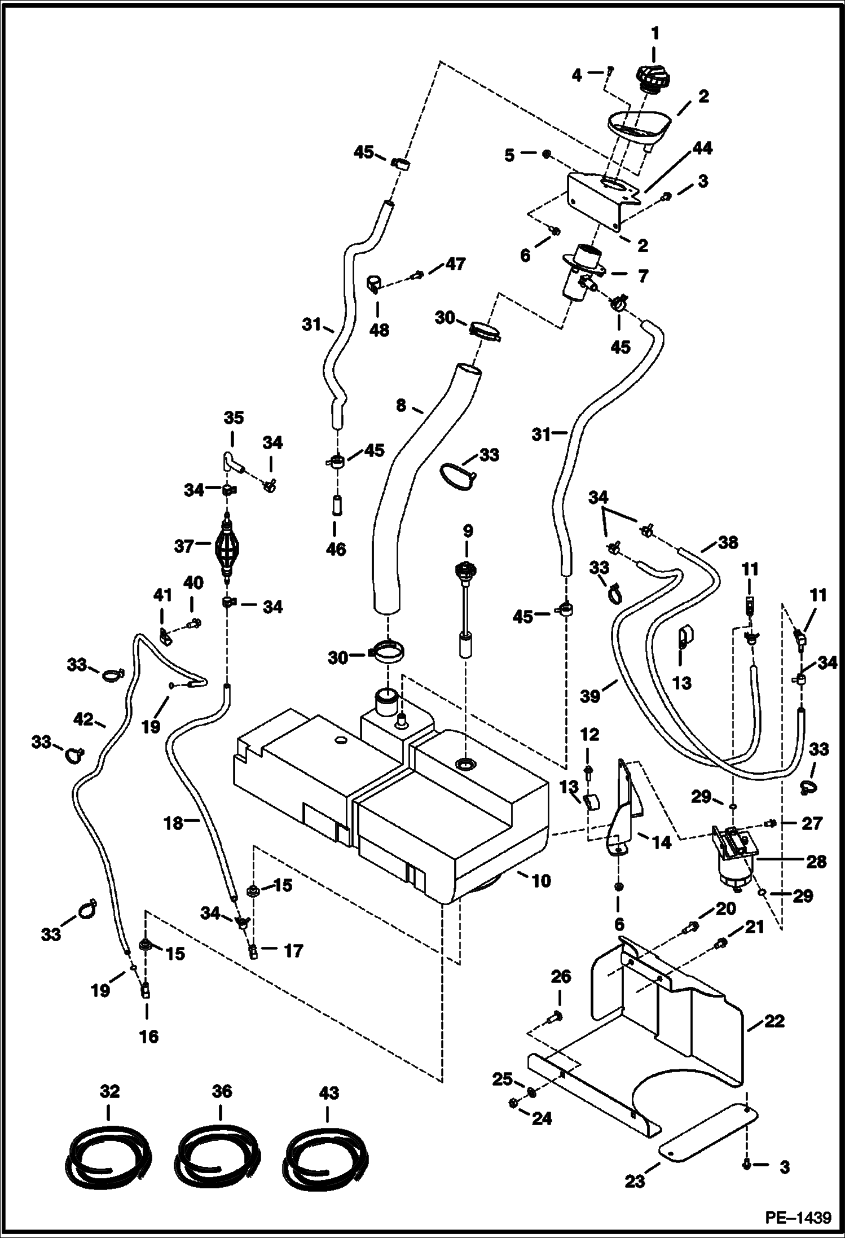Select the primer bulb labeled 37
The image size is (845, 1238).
click(227, 546)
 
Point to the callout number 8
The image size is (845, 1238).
click(401, 405)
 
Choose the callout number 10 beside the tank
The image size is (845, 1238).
click(541, 880)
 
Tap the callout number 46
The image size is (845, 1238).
click(336, 549)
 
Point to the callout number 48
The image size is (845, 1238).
click(379, 330)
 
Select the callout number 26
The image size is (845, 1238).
click(561, 976)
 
